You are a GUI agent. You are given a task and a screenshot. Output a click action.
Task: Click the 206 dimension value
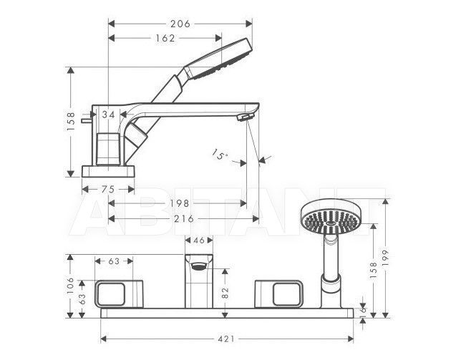180,24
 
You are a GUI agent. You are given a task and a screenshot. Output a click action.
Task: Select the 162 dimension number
165,38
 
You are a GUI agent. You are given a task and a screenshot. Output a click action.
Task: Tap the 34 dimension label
109,115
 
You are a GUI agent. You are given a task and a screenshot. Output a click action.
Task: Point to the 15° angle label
220,155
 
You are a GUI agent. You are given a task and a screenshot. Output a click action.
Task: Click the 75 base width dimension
108,190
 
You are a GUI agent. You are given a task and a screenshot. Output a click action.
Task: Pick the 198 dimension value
180,203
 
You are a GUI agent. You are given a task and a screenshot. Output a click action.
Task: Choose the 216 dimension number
184,219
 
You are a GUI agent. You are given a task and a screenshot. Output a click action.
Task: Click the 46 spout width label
199,240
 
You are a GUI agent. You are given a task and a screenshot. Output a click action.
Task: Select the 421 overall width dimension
226,339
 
